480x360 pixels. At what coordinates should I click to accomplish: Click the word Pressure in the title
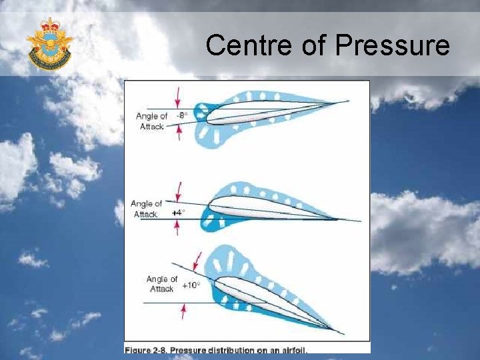[393, 46]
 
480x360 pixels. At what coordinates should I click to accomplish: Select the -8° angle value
[182, 115]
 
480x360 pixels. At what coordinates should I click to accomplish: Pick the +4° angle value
[178, 213]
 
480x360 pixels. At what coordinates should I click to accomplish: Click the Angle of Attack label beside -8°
[153, 121]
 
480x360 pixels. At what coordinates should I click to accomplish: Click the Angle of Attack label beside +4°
[147, 209]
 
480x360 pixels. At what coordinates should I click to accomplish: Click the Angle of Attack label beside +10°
[162, 284]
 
